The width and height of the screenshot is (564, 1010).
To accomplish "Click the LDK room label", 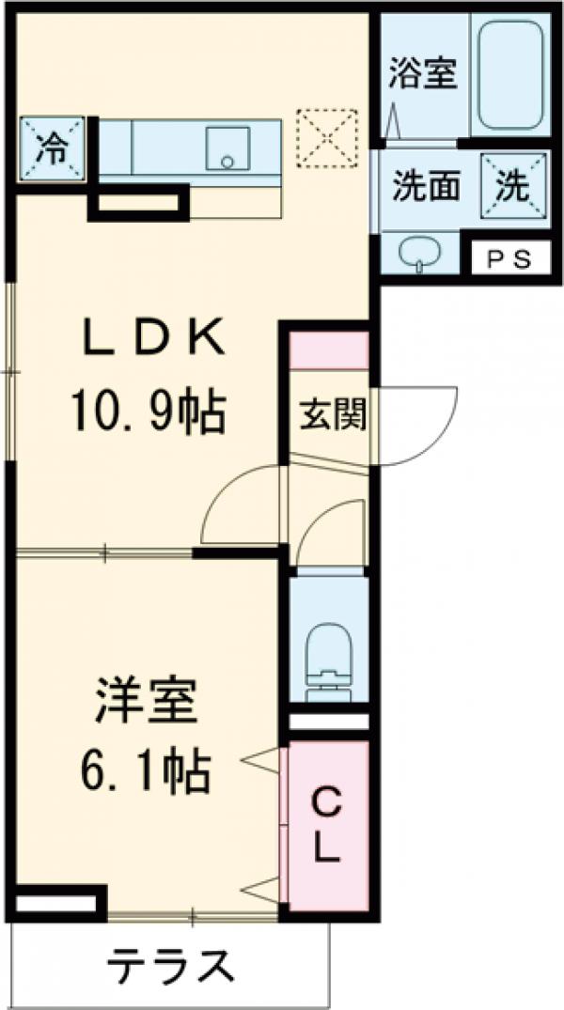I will [155, 338].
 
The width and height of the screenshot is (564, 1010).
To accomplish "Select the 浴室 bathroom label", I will [424, 73].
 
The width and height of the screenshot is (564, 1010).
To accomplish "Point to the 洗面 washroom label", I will [425, 186].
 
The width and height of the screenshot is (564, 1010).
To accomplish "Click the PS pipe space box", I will [509, 257].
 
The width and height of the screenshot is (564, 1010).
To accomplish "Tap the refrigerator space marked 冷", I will [53, 149].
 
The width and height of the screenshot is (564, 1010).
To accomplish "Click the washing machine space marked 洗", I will [512, 186].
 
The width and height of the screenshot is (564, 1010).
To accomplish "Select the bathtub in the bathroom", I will [509, 75].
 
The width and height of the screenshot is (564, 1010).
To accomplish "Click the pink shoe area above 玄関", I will [328, 350].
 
